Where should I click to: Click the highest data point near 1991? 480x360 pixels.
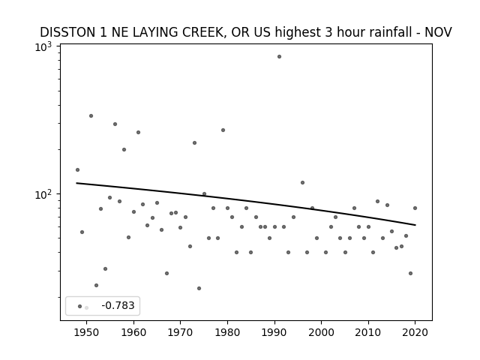point(279,57)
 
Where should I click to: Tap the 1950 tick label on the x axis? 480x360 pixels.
point(87,332)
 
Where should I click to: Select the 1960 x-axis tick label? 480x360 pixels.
point(133,332)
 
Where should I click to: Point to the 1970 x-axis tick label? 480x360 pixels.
point(180,332)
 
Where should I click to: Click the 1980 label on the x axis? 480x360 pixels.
point(227,332)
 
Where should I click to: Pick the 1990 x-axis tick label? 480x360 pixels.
point(274,332)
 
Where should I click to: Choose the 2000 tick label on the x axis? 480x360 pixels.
point(322,332)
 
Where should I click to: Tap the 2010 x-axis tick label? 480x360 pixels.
point(368,332)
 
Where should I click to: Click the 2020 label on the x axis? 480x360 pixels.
point(415,332)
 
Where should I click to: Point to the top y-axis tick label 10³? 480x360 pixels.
point(43,47)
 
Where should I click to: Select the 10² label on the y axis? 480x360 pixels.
point(43,195)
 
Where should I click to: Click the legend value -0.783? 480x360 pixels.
point(118,305)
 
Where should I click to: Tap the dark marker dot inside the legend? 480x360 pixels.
point(80,306)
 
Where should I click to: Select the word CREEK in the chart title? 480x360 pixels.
point(204,32)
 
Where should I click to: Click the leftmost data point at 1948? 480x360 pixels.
point(77,170)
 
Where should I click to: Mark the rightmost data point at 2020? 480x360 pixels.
point(415,208)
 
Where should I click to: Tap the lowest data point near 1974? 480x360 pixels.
point(199,288)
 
